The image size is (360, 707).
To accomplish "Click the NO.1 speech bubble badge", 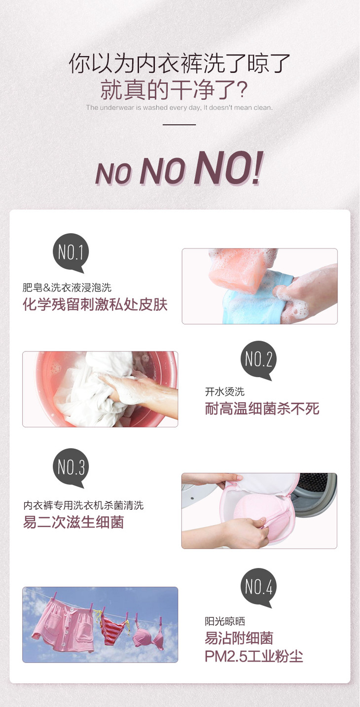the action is coord(71,252).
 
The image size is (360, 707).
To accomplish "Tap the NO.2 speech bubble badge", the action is coord(258,359).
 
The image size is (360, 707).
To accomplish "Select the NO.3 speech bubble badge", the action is coord(71,467).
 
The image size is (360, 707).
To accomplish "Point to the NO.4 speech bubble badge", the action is coord(258,587).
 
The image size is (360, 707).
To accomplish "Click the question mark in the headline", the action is coord(242,90).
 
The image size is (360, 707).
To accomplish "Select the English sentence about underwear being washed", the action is coord(180,107).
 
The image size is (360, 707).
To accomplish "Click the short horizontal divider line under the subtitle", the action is coord(180,124).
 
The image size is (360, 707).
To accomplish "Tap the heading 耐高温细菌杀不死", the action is coord(262,408).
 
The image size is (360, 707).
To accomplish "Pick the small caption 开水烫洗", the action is coord(225,391).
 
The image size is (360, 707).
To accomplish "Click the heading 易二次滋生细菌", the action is coord(73,522).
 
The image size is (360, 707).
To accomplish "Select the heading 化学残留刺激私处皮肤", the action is coord(95,305).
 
